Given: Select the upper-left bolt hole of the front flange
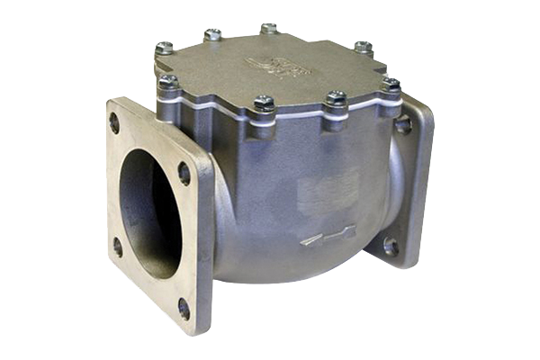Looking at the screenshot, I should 114,121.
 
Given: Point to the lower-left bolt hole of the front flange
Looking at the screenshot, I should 117,246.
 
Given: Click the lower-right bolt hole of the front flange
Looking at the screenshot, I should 184,307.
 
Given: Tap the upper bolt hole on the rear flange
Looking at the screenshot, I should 402,124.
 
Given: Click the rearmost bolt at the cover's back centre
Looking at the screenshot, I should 268,30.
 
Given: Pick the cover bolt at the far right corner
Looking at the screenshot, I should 391,85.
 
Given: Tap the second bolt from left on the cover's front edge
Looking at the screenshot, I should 264,103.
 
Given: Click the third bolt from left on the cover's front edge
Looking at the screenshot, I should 335,98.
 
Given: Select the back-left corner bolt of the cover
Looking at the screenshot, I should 163,48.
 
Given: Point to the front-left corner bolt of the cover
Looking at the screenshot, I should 168,83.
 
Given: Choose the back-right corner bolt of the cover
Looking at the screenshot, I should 363,47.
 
